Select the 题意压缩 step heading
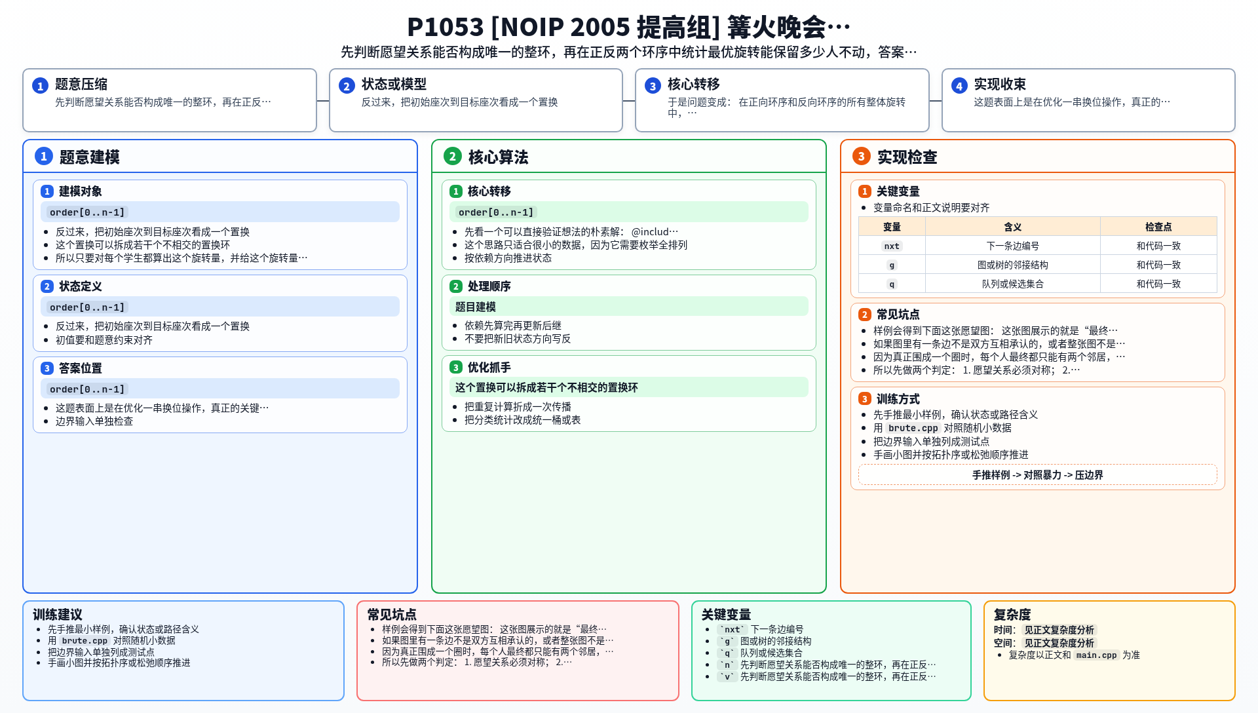point(81,84)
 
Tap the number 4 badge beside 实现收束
point(959,86)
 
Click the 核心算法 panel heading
point(498,157)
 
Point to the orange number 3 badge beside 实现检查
point(861,156)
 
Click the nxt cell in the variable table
point(892,246)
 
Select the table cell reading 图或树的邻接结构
point(1012,265)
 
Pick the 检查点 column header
point(1158,227)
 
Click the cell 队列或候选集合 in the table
point(1012,284)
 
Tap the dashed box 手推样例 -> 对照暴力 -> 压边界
point(1037,474)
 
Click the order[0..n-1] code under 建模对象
point(87,212)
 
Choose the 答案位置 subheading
point(81,368)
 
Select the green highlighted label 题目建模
point(475,307)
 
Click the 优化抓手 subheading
point(489,368)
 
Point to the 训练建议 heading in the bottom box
point(58,615)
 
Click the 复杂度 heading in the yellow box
point(1012,615)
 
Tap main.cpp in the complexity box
point(1096,655)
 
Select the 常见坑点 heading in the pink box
point(392,615)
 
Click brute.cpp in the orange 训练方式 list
point(913,428)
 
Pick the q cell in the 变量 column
point(892,284)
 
